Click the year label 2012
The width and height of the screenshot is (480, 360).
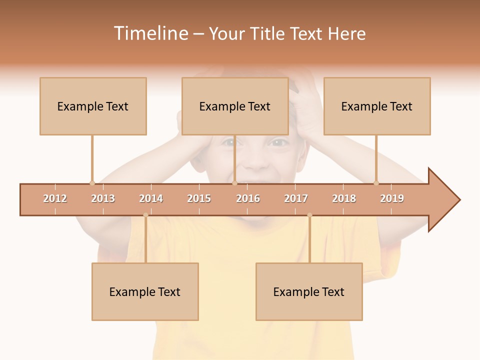(55, 198)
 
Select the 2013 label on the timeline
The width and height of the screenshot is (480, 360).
(103, 198)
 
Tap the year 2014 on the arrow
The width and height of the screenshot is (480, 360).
(151, 198)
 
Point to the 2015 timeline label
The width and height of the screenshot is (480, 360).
(199, 198)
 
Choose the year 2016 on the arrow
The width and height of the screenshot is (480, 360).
(248, 198)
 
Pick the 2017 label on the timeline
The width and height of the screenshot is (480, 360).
(296, 198)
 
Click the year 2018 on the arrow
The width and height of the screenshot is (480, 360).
(344, 198)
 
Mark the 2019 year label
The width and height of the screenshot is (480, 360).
(392, 198)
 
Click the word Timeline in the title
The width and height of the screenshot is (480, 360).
(150, 33)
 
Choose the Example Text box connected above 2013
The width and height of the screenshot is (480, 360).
(93, 106)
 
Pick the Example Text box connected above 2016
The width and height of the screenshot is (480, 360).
(235, 106)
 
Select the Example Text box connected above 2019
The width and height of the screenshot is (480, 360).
(377, 106)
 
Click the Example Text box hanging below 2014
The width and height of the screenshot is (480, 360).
(145, 291)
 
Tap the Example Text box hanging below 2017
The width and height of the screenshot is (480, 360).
(309, 291)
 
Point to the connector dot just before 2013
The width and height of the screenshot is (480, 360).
(92, 183)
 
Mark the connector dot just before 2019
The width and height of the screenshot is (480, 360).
(376, 183)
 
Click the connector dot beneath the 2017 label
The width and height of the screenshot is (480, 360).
(309, 215)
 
